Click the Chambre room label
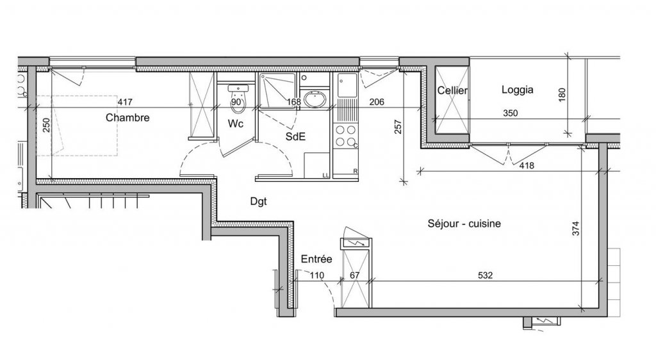tap(127, 117)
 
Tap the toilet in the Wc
tap(238, 99)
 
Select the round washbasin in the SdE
tap(316, 99)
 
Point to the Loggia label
tap(518, 90)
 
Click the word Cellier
tap(452, 90)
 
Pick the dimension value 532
tap(485, 275)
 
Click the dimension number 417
tap(125, 102)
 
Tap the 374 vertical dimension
tap(576, 228)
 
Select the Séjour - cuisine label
tap(464, 224)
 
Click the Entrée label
tap(316, 259)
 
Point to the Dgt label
tap(259, 202)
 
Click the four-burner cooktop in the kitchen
tap(346, 136)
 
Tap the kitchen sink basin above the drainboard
tap(347, 85)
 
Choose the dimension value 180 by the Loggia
tap(562, 95)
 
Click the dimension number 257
tap(398, 127)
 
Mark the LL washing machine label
tap(325, 175)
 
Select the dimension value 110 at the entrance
tap(316, 275)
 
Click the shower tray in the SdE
tap(277, 90)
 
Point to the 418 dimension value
tap(527, 165)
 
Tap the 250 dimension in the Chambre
tap(46, 125)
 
